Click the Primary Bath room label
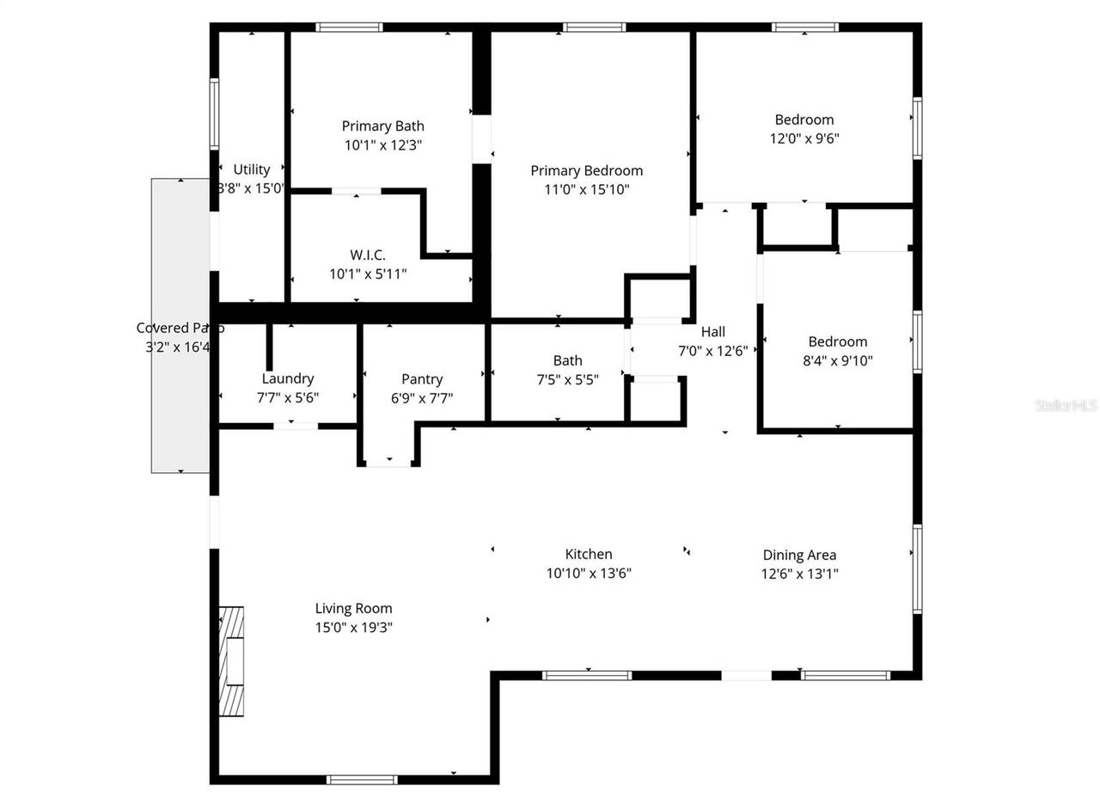[x=382, y=126]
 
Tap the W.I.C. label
[x=368, y=255]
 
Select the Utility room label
[x=252, y=169]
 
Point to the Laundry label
[x=288, y=378]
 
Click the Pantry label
[x=422, y=379]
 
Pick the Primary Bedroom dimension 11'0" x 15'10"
[x=587, y=190]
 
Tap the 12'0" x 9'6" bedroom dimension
[x=804, y=138]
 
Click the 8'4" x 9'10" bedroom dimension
[x=838, y=361]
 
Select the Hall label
[x=713, y=332]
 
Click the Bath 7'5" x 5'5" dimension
[x=567, y=379]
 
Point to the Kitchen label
[x=589, y=555]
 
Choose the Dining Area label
[x=799, y=556]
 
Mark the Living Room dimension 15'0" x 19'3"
[x=353, y=628]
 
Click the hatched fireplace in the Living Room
[x=230, y=661]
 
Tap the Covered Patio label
[x=180, y=328]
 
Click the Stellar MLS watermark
[x=1066, y=404]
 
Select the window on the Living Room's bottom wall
[x=362, y=780]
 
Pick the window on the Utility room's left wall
[x=214, y=114]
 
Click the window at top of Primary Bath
[x=349, y=28]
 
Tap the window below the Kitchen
[x=587, y=675]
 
